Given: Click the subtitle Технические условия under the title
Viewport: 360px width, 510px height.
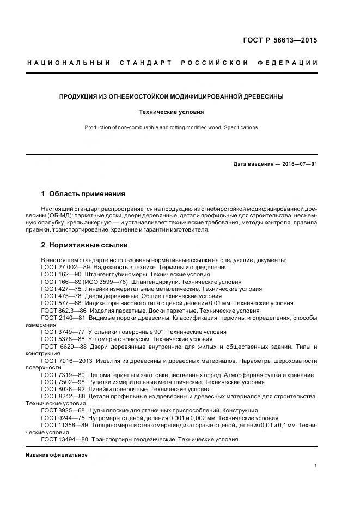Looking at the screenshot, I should pos(172,112).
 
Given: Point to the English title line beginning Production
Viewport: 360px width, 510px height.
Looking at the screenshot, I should pos(171,127).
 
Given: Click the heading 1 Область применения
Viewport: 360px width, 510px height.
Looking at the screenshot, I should pos(83,193).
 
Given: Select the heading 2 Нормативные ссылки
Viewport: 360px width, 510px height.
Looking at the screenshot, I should pos(84,245).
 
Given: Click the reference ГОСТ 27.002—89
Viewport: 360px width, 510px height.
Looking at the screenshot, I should pos(65,268).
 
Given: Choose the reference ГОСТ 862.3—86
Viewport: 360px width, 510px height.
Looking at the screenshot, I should pos(65,310).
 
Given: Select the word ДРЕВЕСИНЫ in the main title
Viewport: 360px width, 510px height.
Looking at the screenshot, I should pos(261,96).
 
